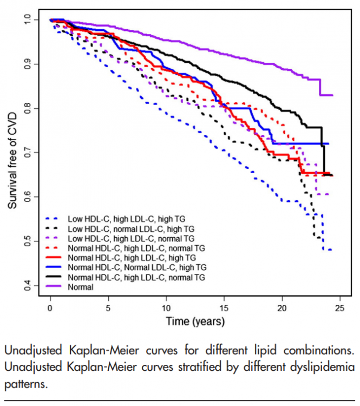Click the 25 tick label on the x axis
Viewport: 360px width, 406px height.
339,308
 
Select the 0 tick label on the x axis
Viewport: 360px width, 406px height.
50,308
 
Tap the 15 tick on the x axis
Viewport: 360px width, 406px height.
224,308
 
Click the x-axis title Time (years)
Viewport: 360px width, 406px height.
195,321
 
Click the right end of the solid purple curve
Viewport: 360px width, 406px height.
331,95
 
